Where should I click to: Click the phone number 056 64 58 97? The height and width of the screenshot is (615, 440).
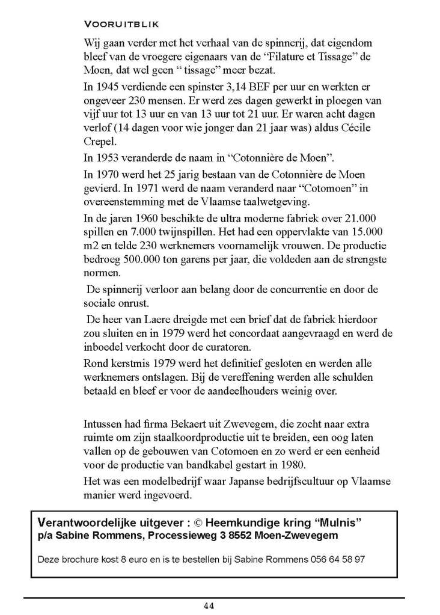(339, 559)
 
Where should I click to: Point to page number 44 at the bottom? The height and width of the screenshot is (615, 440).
(209, 605)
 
